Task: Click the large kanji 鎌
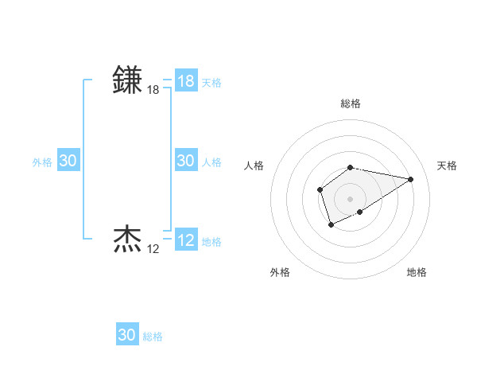(x=128, y=80)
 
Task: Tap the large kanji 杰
(x=128, y=239)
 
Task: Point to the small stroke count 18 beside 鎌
(x=153, y=91)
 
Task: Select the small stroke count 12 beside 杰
(x=153, y=249)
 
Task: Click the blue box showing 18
(x=186, y=81)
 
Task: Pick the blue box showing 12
(x=186, y=240)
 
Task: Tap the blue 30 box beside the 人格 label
(x=186, y=161)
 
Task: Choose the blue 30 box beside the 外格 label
(x=68, y=161)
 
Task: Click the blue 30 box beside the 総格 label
(x=127, y=335)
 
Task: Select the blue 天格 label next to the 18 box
(x=211, y=83)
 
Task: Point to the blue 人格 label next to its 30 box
(x=211, y=162)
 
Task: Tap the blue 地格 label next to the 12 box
(x=211, y=242)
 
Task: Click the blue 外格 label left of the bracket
(x=42, y=162)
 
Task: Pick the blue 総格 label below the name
(x=153, y=337)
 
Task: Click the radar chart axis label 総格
(x=351, y=103)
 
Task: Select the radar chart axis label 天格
(x=447, y=166)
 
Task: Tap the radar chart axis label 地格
(x=417, y=272)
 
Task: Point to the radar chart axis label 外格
(x=280, y=272)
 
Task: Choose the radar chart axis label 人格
(x=254, y=166)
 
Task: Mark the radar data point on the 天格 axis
(x=411, y=179)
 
